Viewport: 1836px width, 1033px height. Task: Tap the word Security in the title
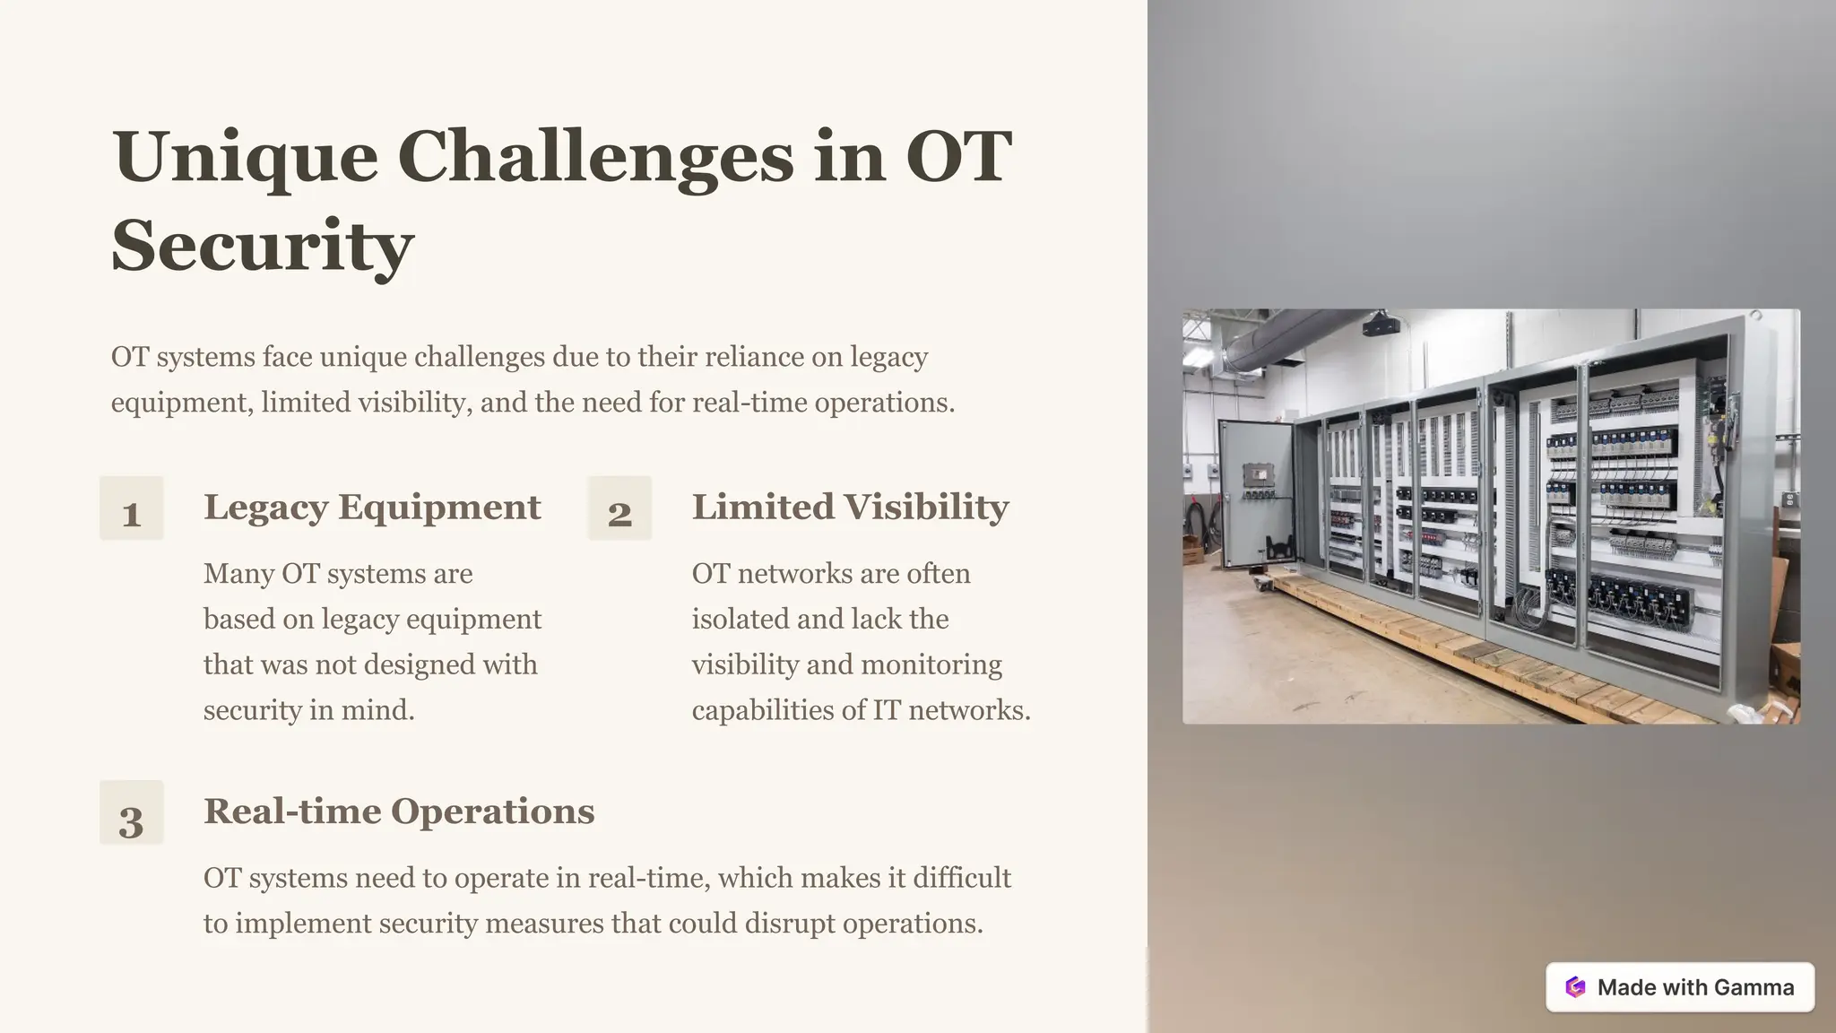(262, 246)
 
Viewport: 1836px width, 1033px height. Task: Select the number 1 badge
(132, 508)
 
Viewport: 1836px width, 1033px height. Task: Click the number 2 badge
(619, 508)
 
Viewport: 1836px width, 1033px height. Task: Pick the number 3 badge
(132, 812)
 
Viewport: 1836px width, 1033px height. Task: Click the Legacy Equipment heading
(372, 507)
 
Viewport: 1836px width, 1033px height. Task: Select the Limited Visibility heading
(850, 507)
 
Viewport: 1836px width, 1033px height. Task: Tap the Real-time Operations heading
(399, 811)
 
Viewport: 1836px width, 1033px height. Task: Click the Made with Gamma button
(1679, 987)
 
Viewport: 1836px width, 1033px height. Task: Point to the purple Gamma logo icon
(1575, 987)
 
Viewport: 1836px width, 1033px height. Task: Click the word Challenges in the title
(602, 157)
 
